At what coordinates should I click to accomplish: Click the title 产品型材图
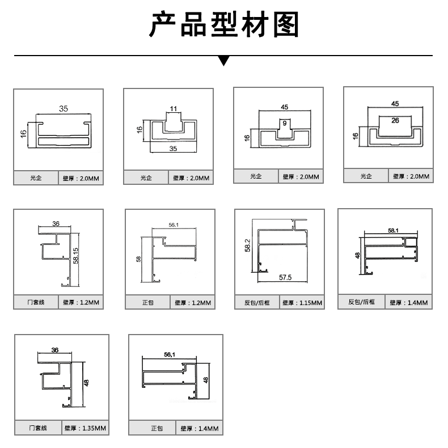click(x=223, y=25)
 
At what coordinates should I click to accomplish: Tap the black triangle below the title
click(x=224, y=60)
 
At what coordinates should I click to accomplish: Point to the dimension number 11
click(x=174, y=108)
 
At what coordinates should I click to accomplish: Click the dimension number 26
click(x=395, y=120)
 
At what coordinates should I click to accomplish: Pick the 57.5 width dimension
click(x=285, y=277)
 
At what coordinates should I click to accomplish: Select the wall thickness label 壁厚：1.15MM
click(x=302, y=303)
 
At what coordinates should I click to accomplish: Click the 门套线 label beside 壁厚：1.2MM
click(x=36, y=303)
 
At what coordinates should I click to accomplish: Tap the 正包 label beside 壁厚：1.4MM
click(x=157, y=429)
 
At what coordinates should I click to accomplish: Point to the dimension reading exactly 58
click(x=139, y=259)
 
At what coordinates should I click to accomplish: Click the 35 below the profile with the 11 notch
click(x=173, y=149)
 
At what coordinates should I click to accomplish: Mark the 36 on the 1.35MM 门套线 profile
click(x=54, y=350)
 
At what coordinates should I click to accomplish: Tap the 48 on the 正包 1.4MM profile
click(x=206, y=381)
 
